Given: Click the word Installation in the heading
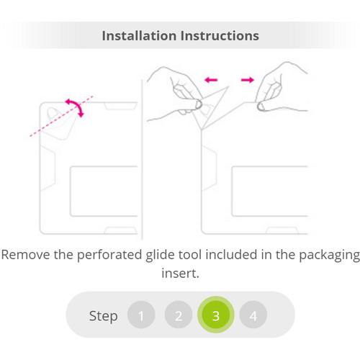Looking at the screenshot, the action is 139,36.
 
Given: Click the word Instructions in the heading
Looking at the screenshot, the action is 220,36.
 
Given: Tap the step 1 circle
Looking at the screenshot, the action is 141,315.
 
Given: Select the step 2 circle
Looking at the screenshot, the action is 179,315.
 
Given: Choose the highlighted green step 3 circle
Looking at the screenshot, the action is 216,315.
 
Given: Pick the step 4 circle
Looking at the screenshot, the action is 253,315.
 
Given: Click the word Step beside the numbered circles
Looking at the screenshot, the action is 104,316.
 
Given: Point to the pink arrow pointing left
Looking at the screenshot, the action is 211,80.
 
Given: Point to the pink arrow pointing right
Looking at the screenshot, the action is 248,80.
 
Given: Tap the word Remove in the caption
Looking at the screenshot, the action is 25,255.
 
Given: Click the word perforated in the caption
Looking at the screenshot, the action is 109,256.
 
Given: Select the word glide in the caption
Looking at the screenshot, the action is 160,256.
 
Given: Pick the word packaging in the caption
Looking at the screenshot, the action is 329,256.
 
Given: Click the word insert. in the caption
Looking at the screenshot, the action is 180,274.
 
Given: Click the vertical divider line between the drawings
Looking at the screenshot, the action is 142,160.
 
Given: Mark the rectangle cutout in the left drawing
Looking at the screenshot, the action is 71,192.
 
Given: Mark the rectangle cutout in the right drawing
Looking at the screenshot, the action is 232,192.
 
